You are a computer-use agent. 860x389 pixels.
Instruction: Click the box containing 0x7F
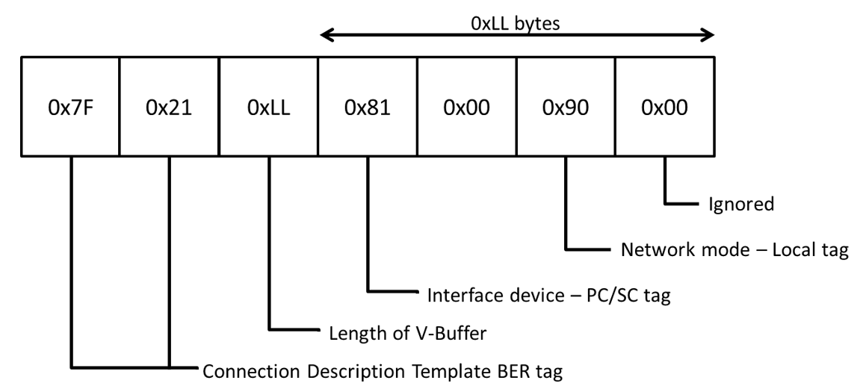point(71,106)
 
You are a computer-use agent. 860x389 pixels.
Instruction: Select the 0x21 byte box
point(170,106)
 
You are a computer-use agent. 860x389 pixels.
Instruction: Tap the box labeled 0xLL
point(268,106)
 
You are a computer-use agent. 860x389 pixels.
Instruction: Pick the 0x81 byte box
point(367,106)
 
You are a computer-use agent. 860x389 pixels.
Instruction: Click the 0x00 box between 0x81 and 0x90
point(465,106)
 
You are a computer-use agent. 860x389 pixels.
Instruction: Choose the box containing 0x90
point(564,106)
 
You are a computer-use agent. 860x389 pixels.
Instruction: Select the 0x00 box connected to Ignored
point(663,106)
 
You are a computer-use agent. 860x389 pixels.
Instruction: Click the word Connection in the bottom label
point(246,370)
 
